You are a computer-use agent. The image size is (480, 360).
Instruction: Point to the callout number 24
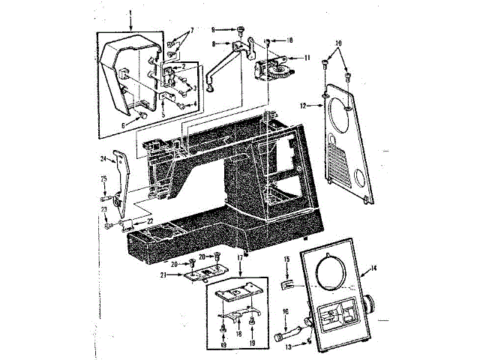[x=103, y=159]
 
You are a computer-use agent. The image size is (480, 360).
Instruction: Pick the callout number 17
[x=241, y=258]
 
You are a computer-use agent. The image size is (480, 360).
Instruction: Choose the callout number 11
[x=308, y=57]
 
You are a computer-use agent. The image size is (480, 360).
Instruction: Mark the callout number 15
[x=286, y=259]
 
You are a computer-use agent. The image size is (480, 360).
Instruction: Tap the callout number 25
[x=103, y=178]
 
